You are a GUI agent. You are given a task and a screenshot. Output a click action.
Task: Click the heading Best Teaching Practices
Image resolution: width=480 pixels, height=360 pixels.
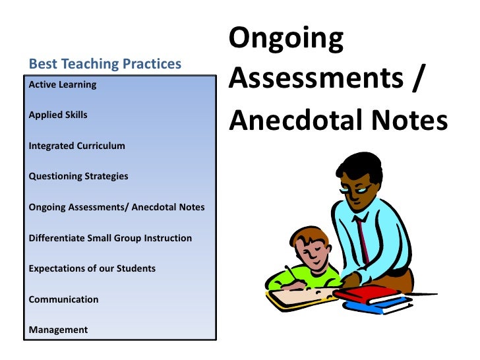105,64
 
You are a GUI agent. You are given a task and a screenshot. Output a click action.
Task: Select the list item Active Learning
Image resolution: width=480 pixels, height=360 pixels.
63,84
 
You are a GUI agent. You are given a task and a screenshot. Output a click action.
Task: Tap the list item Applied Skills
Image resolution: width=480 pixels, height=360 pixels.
58,115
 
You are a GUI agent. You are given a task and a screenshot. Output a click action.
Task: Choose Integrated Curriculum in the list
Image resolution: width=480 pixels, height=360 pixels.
77,146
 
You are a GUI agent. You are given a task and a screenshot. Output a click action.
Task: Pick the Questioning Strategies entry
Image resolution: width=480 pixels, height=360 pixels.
78,176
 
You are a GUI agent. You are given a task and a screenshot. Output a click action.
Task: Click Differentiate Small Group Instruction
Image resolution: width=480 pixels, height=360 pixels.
110,237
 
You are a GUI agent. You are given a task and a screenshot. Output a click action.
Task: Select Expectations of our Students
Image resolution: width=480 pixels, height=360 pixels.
92,268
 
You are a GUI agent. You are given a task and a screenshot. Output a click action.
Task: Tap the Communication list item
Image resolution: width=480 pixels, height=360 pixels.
64,299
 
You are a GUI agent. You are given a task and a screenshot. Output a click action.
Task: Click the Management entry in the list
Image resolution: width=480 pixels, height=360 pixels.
58,330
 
